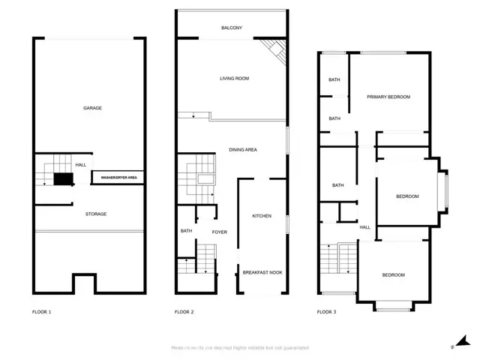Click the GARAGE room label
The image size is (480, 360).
[92, 108]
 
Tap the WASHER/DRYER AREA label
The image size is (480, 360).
[118, 178]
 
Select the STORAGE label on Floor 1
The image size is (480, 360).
[95, 214]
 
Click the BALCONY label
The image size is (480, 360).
[232, 28]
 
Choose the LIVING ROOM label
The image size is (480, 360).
[234, 78]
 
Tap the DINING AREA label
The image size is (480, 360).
[243, 150]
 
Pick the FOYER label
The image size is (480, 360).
[219, 232]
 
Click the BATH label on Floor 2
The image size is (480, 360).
[186, 231]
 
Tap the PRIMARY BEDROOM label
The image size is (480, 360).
[388, 97]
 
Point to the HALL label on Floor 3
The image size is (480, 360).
[365, 227]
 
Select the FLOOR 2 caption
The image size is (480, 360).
[184, 311]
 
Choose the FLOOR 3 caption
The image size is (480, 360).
[326, 311]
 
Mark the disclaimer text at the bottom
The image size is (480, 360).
[240, 348]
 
